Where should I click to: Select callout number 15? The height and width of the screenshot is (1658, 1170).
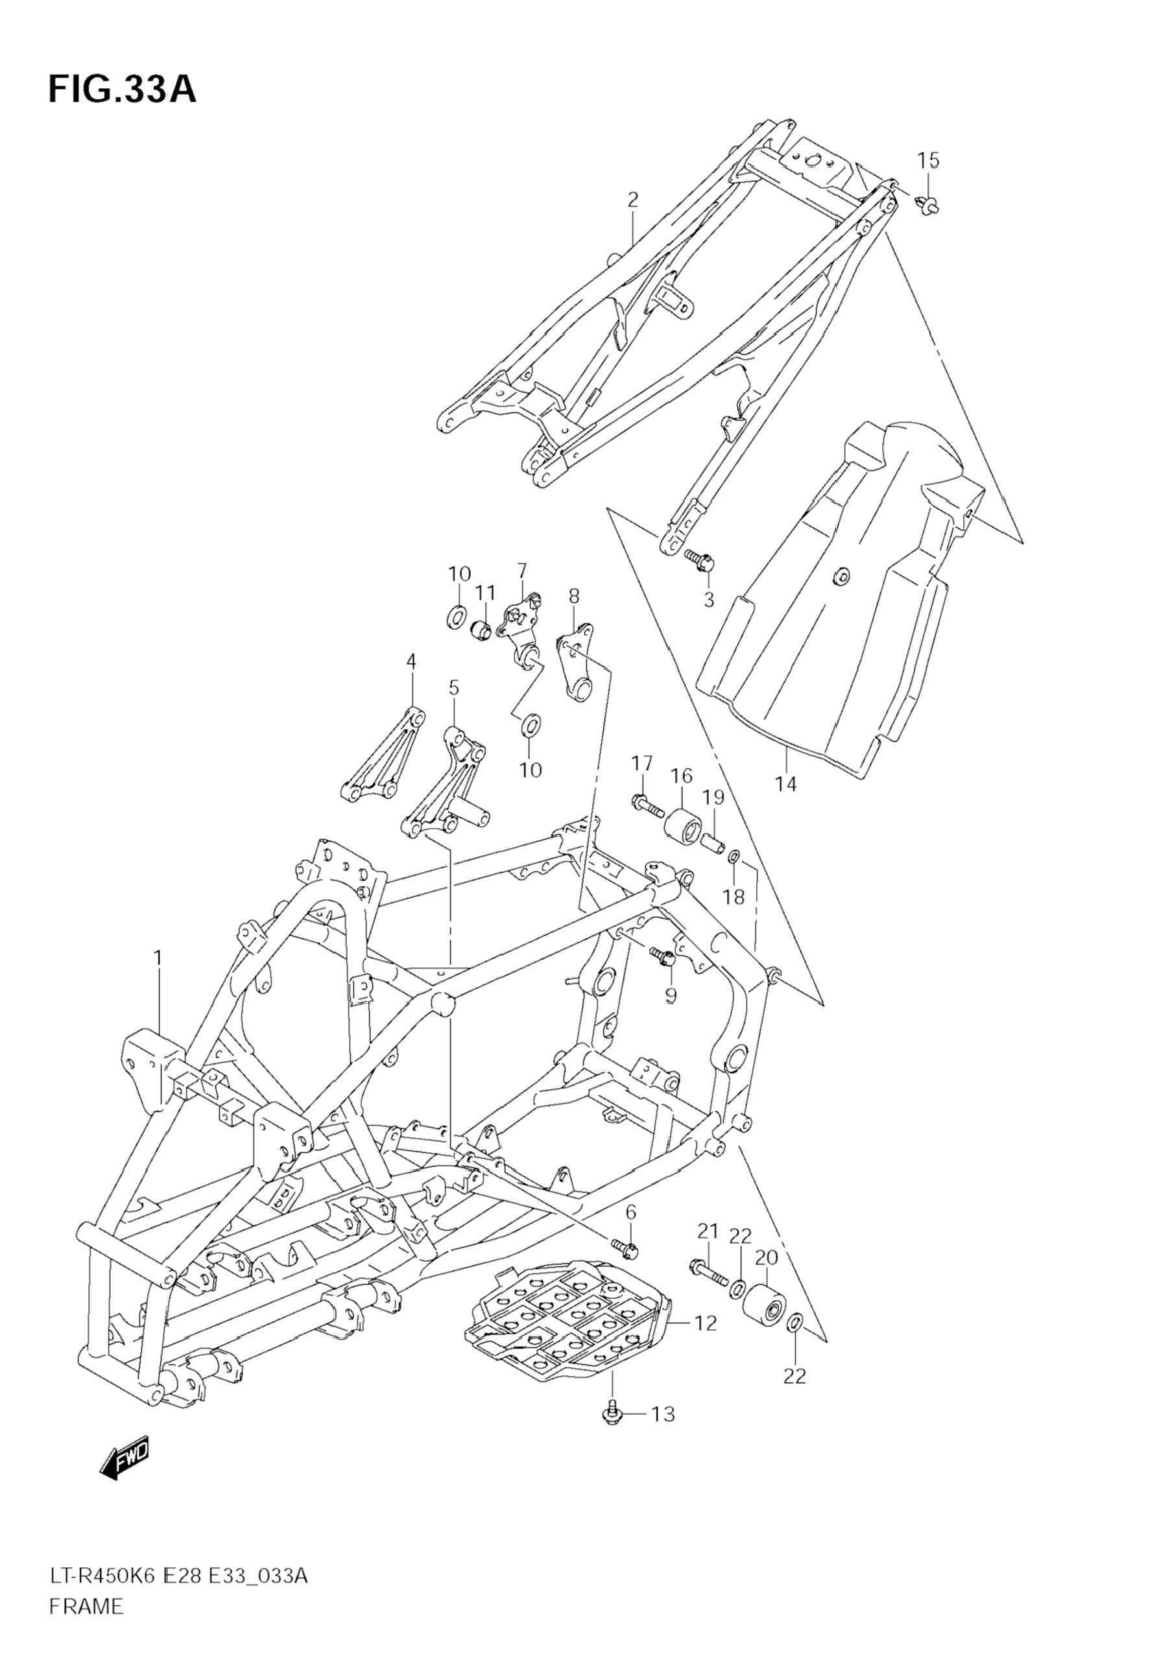[x=929, y=160]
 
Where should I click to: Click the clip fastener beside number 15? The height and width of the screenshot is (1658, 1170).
[x=929, y=206]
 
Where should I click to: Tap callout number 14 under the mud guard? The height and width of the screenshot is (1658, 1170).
[x=786, y=783]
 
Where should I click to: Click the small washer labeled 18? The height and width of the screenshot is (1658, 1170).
[x=733, y=857]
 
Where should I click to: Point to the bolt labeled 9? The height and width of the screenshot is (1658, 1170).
[x=663, y=958]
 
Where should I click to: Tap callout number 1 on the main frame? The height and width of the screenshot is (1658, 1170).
[x=158, y=958]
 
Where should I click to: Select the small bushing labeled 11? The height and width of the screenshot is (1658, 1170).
[x=481, y=630]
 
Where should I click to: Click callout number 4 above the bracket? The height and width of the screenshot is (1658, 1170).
[x=411, y=661]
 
